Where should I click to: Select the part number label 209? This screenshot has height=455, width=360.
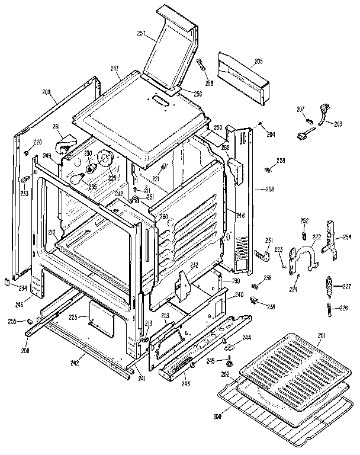tap(47, 92)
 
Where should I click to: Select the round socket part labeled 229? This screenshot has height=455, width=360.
tap(107, 160)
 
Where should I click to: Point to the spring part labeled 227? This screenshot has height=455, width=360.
tap(329, 288)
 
